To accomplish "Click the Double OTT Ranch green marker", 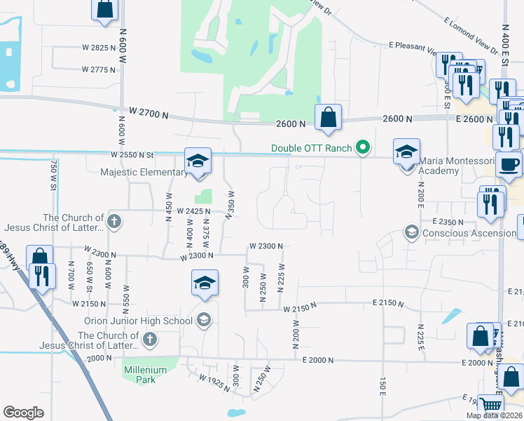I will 362,147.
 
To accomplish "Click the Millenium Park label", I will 145,370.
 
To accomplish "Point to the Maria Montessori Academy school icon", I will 406,150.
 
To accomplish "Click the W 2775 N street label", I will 98,69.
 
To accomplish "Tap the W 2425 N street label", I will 193,210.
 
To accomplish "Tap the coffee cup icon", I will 509,164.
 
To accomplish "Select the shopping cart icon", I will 491,406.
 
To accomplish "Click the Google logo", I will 24,413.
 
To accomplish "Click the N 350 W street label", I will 229,204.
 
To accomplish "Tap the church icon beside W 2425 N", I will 115,222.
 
